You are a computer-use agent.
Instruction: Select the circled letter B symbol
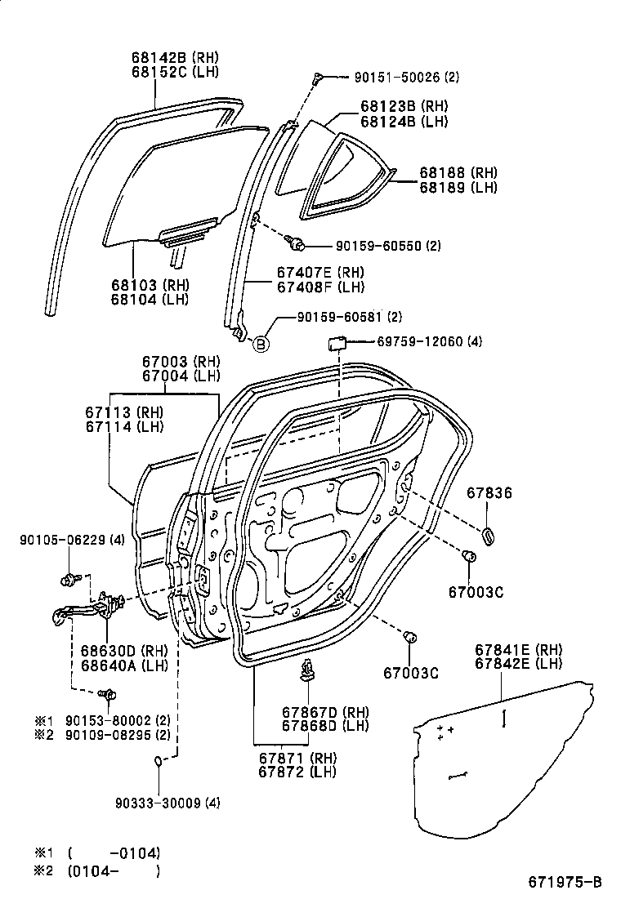(261, 344)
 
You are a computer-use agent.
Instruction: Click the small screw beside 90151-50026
(318, 77)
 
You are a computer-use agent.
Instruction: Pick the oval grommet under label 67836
(489, 535)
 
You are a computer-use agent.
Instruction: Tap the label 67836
(489, 492)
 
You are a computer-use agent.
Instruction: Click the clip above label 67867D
(308, 669)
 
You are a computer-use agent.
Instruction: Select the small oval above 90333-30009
(159, 761)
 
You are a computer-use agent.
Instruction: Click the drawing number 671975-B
(565, 882)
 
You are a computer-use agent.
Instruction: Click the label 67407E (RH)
(307, 272)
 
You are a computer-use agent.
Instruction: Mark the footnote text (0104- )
(114, 870)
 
